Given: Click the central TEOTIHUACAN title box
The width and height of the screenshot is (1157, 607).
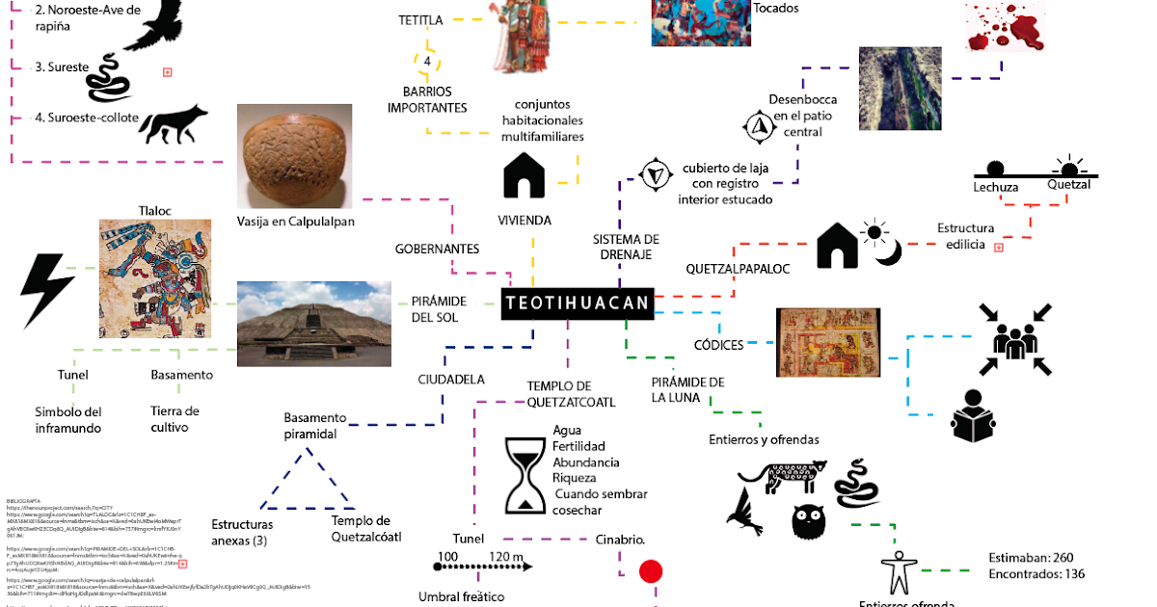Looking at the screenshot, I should [577, 303].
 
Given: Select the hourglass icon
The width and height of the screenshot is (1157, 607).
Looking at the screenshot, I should [525, 476].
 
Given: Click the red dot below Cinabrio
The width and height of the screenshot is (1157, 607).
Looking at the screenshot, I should [652, 571].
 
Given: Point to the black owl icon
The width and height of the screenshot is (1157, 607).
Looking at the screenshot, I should [808, 521].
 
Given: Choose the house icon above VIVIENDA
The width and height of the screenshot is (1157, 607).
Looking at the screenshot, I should [525, 177].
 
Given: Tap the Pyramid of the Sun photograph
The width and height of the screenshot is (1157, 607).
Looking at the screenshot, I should [313, 323].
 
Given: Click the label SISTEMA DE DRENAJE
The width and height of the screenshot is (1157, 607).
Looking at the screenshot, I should [626, 247].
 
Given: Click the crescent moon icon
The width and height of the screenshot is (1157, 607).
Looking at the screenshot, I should [888, 251].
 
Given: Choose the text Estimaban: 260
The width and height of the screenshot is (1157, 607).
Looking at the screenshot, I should [1031, 558].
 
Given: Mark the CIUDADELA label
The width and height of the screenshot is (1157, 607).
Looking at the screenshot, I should [450, 379].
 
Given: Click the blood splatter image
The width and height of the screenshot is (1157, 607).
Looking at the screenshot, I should [1004, 27].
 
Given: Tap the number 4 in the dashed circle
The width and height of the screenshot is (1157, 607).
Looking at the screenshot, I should [427, 62].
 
